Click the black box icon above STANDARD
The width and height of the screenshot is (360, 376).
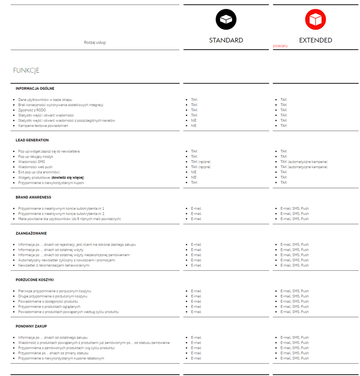click(226, 19)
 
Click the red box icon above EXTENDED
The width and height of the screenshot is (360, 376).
click(316, 19)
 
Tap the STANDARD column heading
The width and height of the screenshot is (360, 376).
click(226, 40)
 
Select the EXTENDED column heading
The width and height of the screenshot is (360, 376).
click(316, 40)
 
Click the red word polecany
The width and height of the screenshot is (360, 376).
click(280, 46)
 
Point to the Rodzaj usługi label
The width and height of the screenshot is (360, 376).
click(95, 42)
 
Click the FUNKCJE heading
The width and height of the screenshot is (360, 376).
click(26, 70)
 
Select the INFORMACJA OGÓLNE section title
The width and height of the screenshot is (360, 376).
click(35, 89)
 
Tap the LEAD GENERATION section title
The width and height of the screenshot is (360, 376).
click(32, 140)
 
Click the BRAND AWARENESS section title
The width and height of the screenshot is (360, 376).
click(33, 197)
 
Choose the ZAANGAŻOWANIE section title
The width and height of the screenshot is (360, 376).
click(31, 233)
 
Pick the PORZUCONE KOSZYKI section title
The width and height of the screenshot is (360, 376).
click(35, 280)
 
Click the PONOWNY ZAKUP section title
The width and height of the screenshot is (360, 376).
click(31, 327)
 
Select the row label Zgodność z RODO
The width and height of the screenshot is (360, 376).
click(32, 110)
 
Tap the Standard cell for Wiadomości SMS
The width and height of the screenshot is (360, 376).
click(200, 162)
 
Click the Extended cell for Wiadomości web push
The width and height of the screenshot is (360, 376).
click(303, 167)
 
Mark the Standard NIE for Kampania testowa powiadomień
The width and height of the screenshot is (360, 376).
click(194, 126)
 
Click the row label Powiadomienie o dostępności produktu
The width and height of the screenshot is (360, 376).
click(48, 302)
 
